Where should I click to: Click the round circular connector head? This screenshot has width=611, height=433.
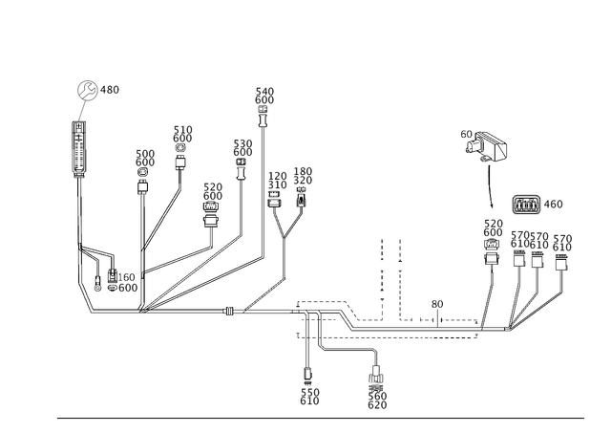[88, 91]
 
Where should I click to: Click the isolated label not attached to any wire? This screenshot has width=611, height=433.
[264, 97]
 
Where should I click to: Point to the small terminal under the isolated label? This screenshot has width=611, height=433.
[264, 121]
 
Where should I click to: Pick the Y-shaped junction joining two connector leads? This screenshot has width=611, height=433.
[286, 233]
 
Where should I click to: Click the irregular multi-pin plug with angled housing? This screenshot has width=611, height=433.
[484, 147]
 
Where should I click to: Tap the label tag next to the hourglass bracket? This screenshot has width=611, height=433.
[555, 204]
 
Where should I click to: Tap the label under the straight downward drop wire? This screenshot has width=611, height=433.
[307, 395]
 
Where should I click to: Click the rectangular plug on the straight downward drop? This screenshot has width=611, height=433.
[307, 371]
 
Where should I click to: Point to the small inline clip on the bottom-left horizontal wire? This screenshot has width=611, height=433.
[228, 311]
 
